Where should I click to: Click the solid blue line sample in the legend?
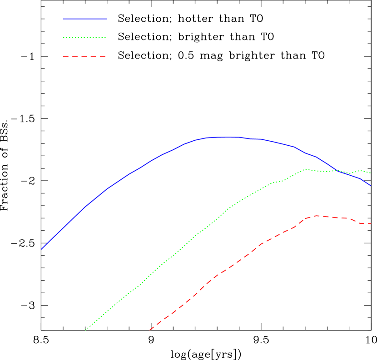click(84, 19)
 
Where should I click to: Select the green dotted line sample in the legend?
click(84, 38)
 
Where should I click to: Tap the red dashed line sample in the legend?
click(84, 57)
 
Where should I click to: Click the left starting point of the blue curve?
click(42, 249)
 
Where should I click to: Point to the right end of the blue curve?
click(371, 186)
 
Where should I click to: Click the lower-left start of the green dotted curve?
click(85, 330)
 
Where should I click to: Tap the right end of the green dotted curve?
click(371, 173)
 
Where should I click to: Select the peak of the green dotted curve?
click(306, 169)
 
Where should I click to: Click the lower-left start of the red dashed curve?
click(150, 330)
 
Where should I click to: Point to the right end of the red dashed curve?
click(371, 223)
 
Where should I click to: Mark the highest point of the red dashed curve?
click(316, 216)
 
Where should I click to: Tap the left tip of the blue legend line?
click(63, 19)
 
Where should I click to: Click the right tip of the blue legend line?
click(107, 19)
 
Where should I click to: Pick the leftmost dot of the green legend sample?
click(64, 38)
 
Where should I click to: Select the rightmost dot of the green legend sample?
click(105, 38)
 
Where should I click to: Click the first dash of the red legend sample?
click(65, 57)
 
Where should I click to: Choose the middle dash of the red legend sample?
click(84, 57)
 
